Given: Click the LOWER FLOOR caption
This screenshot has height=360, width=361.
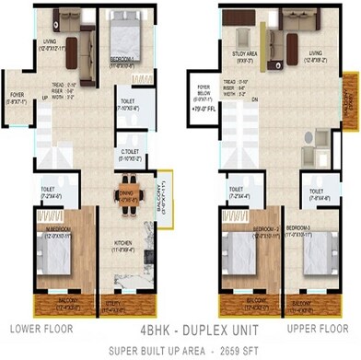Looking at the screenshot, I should pyautogui.click(x=41, y=327).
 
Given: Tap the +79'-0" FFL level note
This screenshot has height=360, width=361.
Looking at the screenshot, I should pyautogui.click(x=204, y=117).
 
